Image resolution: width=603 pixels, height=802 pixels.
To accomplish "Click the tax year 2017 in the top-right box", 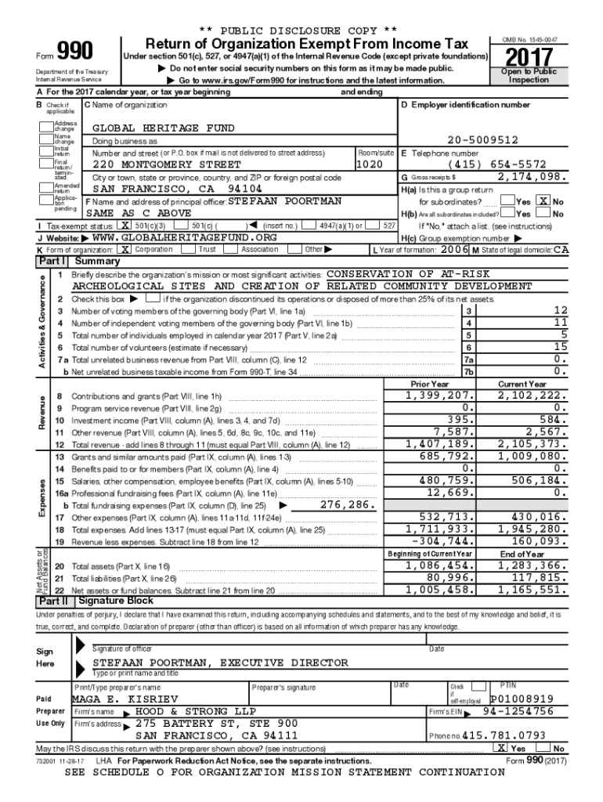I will [529, 58].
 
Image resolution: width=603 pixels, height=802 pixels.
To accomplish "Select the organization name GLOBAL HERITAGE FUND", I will [163, 128].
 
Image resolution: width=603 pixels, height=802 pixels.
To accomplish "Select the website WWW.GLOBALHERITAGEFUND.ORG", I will [184, 237].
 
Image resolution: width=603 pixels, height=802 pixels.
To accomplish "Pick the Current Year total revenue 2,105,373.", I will [531, 444].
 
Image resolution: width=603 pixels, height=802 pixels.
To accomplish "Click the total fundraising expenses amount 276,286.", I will [345, 505].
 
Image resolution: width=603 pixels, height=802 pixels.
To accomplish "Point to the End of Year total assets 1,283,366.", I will [531, 565].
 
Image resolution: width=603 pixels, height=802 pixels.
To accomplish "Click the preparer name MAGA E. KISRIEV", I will [125, 699].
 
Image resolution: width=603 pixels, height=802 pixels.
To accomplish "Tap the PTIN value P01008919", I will [522, 699].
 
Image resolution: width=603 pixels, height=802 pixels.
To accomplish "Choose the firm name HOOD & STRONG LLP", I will [190, 711].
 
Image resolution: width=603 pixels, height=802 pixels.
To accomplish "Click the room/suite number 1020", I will [369, 165].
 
